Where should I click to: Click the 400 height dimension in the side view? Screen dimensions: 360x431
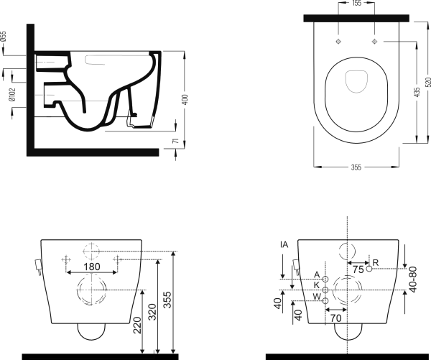tap(185, 99)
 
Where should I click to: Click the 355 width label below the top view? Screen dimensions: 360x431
tap(356, 168)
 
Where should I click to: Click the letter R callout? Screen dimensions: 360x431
tap(376, 261)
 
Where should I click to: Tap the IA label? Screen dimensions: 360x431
tap(284, 246)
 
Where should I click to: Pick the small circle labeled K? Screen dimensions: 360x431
tap(325, 290)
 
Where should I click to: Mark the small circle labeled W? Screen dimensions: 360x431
tap(325, 300)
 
